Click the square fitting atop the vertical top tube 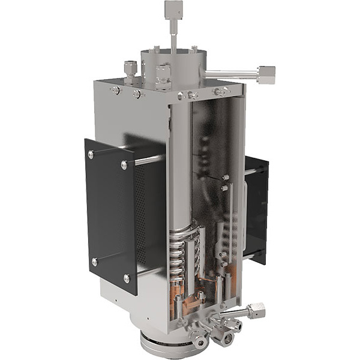[x=172, y=9]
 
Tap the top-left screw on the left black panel [x=91, y=155]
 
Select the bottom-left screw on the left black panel [x=94, y=262]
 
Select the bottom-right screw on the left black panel [x=126, y=278]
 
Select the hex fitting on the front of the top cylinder [x=161, y=76]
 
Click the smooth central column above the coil [x=178, y=168]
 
